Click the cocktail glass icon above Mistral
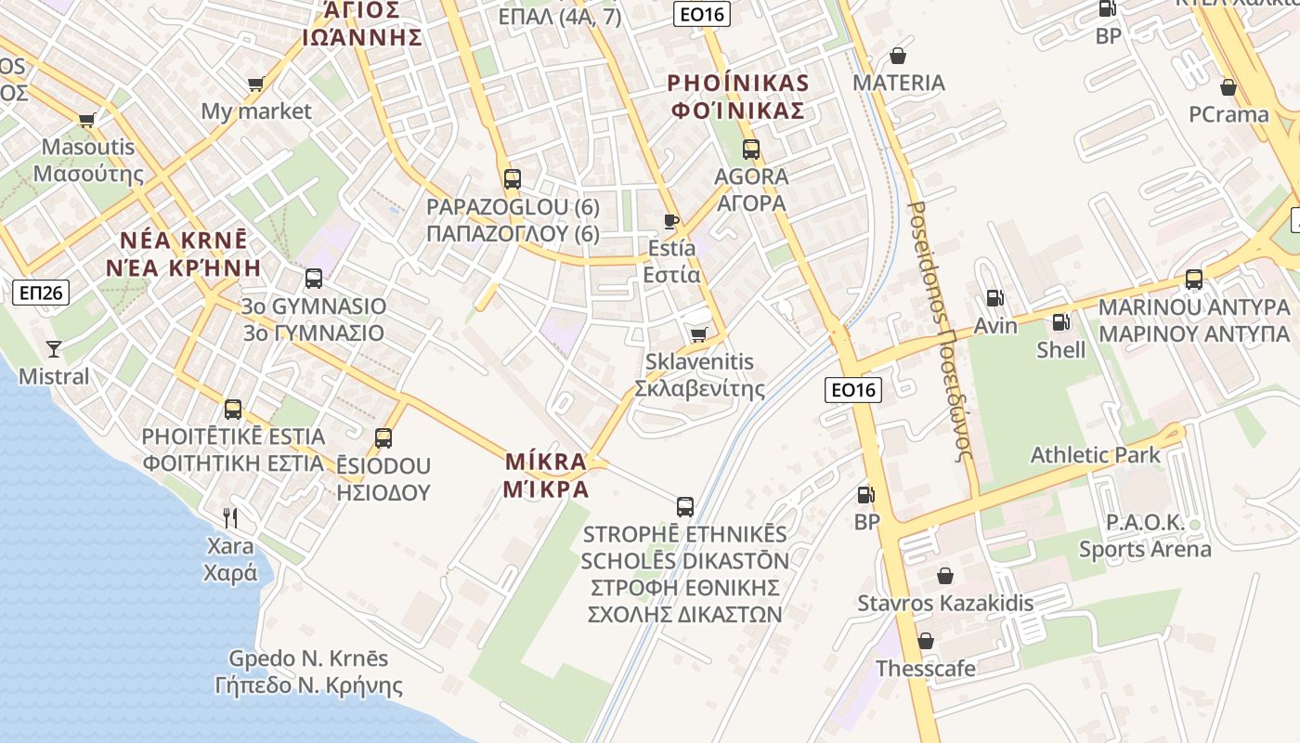[x=54, y=349]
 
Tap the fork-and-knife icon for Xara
[x=230, y=517]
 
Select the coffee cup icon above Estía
[x=671, y=221]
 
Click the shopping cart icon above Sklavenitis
[x=698, y=334]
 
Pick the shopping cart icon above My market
[x=256, y=85]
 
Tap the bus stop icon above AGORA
[x=750, y=149]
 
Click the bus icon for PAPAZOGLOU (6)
[x=512, y=179]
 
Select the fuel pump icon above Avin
[x=994, y=298]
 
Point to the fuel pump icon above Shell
[x=1060, y=322]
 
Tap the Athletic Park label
[x=1096, y=455]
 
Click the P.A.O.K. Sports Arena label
[x=1145, y=536]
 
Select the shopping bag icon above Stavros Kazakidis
[x=945, y=576]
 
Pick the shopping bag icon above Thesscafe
[x=926, y=641]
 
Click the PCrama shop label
[x=1228, y=114]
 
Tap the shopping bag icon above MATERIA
[x=898, y=56]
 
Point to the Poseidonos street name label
[x=941, y=331]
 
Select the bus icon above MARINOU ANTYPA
[x=1194, y=279]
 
